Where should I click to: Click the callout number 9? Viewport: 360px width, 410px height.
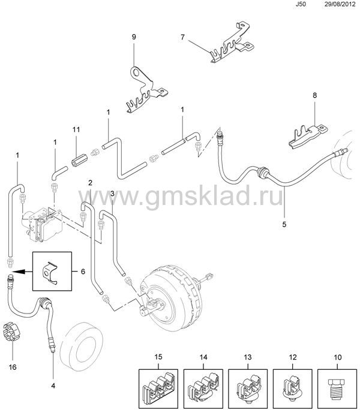coord(134,37)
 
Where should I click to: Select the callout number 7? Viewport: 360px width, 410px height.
coord(182,37)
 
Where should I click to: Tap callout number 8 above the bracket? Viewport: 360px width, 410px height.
coord(315,95)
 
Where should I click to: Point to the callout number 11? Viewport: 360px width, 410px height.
coord(76,129)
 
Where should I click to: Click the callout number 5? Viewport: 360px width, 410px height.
coord(284,224)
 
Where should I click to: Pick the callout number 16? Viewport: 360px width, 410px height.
coord(13,367)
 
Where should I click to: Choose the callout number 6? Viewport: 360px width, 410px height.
coord(83,272)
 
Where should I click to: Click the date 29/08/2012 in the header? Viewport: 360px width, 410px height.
coord(340,4)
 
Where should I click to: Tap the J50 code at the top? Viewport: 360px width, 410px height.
coord(301,4)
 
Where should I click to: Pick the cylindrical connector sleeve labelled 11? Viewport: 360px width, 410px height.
coord(77,160)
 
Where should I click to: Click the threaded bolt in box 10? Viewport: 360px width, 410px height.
coord(337,390)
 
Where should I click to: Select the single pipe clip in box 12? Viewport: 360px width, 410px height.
coord(293,389)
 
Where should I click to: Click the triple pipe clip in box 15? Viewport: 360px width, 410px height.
coord(158,390)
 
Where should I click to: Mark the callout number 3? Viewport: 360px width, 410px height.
coord(112,194)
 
